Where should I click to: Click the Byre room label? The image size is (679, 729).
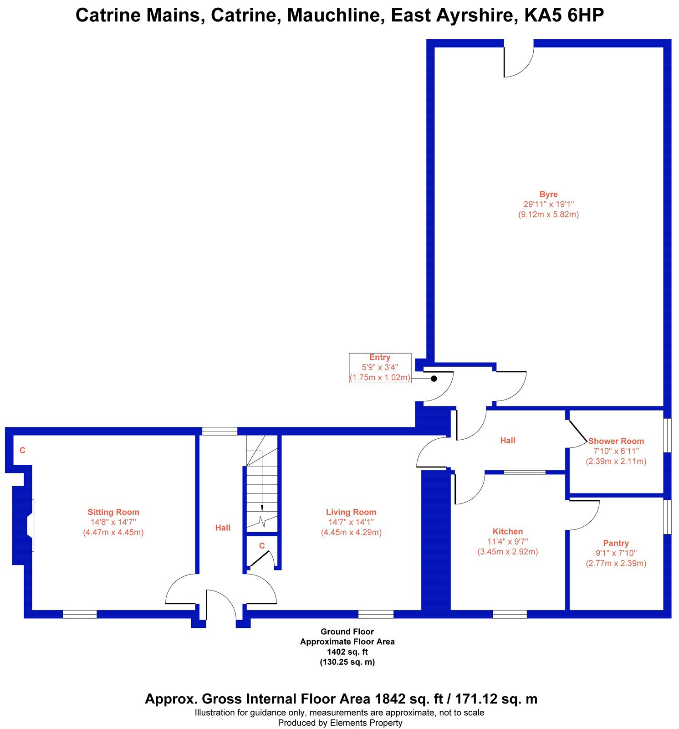click(x=548, y=194)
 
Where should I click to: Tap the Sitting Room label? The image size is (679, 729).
click(x=113, y=512)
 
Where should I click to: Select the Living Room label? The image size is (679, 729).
click(x=351, y=512)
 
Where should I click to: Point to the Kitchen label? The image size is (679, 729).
click(x=508, y=531)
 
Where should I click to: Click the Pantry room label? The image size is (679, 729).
click(x=616, y=543)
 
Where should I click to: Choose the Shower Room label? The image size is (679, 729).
click(x=616, y=441)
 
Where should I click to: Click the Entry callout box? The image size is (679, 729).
click(x=380, y=368)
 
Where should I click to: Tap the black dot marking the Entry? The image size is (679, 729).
click(x=434, y=379)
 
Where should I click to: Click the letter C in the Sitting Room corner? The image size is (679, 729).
click(x=22, y=451)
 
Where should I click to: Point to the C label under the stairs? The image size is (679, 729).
click(x=262, y=546)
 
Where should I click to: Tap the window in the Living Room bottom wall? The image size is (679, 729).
click(x=376, y=614)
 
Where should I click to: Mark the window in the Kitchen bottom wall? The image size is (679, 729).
click(x=510, y=614)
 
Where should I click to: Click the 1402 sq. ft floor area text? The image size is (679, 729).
click(x=347, y=652)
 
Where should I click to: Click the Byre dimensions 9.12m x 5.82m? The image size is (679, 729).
click(x=548, y=215)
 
